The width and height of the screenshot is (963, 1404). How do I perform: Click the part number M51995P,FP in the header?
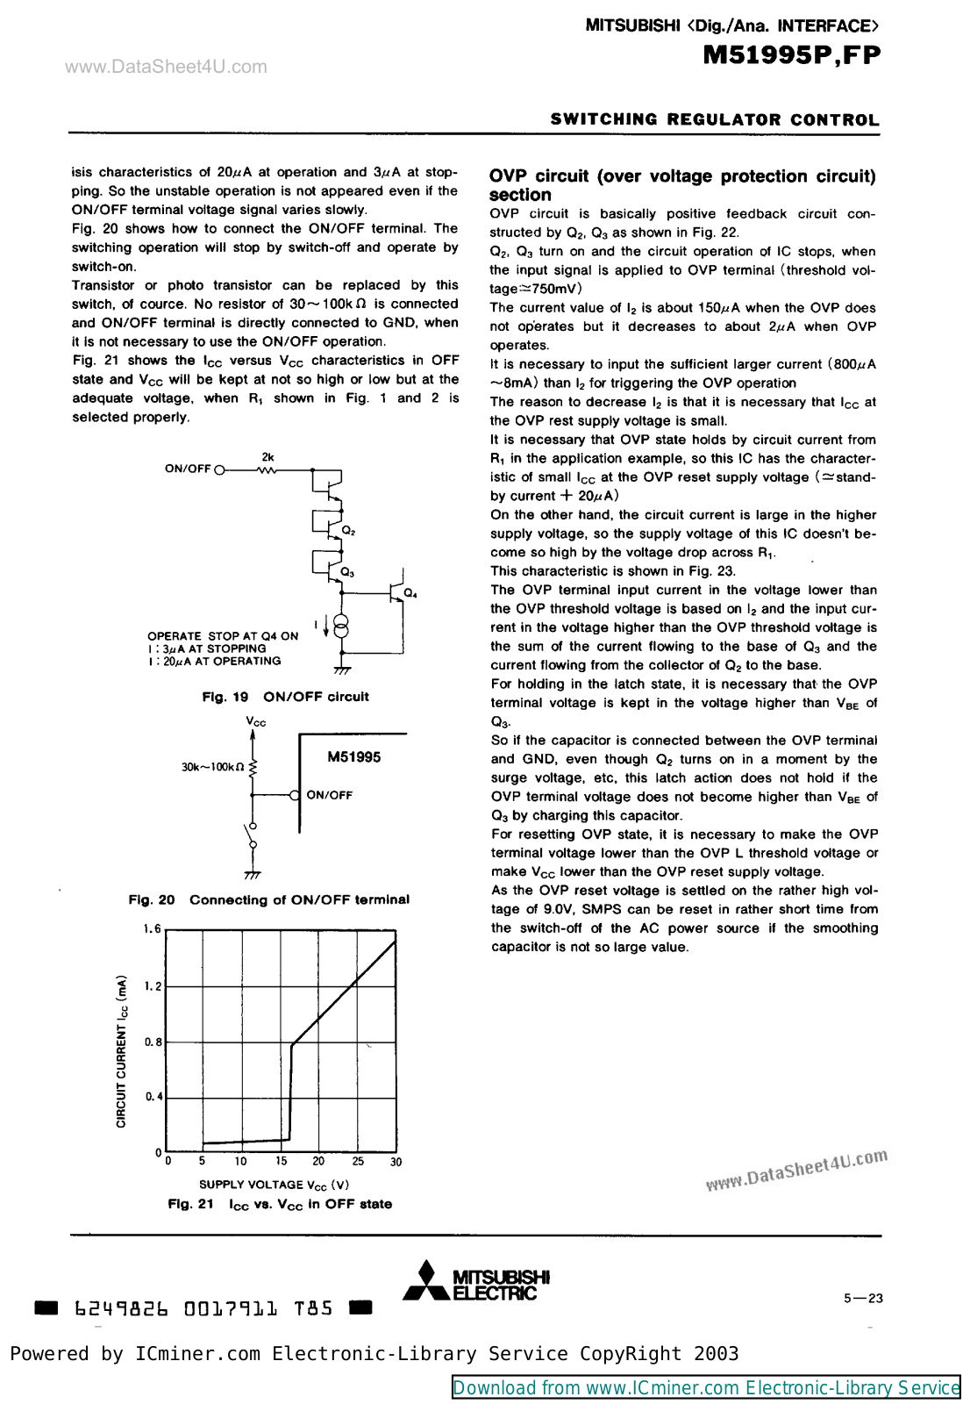pos(791,55)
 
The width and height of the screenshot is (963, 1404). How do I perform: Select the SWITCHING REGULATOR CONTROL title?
pos(714,119)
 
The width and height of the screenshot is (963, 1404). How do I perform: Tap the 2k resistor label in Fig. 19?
pos(267,457)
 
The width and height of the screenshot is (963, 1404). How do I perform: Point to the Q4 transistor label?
pos(410,594)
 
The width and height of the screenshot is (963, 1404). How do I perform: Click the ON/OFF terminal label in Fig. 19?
pos(188,469)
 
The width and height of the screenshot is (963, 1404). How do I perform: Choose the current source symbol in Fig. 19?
pos(342,626)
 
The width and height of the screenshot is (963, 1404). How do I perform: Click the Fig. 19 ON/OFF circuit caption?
pos(285,697)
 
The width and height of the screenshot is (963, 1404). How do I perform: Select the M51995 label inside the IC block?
pos(353,757)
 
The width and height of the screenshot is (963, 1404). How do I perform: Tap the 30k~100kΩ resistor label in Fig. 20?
pos(212,767)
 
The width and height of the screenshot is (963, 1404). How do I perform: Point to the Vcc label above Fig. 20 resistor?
pos(256,721)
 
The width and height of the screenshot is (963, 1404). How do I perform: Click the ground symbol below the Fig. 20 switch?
pos(253,874)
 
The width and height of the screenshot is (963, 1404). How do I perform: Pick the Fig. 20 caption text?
pos(268,899)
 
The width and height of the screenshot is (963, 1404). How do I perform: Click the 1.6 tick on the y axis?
pos(153,929)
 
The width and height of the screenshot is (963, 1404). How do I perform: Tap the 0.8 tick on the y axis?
pos(153,1042)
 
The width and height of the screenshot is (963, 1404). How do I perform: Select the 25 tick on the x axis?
pos(358,1161)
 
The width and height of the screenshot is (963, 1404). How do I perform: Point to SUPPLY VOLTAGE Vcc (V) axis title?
pos(274,1185)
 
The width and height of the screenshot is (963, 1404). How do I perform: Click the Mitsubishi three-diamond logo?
pos(425,1281)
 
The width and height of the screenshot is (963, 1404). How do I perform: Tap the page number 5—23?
pos(863,1299)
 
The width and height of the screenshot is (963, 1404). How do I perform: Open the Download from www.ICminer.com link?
pos(706,1387)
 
